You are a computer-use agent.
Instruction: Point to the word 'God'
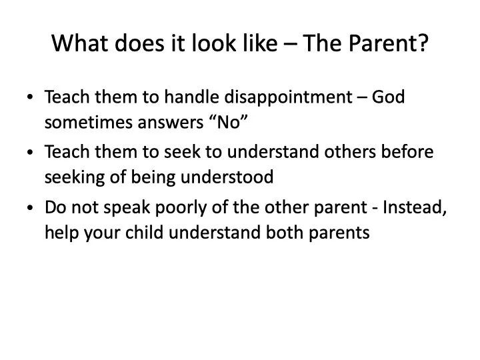[x=389, y=97]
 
